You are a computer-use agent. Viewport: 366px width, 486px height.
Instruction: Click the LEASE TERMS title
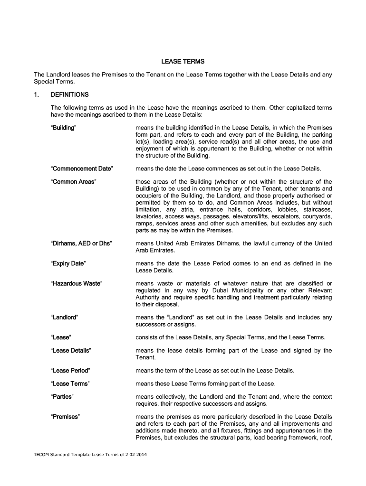[x=183, y=62]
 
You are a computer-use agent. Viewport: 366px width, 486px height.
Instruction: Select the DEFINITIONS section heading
[x=69, y=94]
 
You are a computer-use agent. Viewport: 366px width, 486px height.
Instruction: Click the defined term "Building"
[x=64, y=128]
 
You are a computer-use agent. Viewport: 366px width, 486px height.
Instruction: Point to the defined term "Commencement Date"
[x=82, y=168]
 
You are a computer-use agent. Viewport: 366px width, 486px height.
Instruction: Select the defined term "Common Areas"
[x=73, y=182]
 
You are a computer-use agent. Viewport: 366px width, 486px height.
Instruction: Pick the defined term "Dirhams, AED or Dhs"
[x=81, y=243]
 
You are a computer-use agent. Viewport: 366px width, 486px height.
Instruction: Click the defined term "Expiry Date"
[x=68, y=263]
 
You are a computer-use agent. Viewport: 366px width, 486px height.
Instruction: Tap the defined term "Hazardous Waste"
[x=76, y=284]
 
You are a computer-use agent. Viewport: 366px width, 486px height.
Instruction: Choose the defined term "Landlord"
[x=65, y=317]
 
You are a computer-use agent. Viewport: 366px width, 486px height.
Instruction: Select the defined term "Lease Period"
[x=70, y=370]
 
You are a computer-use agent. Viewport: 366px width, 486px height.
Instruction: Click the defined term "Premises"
[x=65, y=417]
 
